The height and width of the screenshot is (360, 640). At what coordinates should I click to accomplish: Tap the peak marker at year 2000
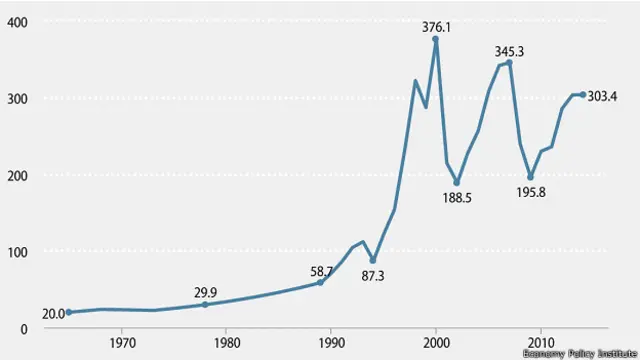click(x=436, y=39)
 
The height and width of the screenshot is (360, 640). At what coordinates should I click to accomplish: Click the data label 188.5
click(x=456, y=198)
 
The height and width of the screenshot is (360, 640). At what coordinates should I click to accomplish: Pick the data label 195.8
click(x=530, y=191)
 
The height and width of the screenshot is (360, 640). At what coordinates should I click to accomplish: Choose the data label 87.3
click(x=373, y=274)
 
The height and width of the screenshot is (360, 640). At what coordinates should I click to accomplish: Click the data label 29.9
click(x=206, y=291)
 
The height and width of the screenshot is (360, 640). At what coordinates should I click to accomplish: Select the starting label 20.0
click(x=53, y=313)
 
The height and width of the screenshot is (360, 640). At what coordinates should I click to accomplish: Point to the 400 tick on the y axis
click(x=17, y=21)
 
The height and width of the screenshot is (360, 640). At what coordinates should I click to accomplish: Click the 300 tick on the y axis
click(x=17, y=98)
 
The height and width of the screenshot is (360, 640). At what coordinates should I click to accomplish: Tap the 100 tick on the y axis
click(x=17, y=251)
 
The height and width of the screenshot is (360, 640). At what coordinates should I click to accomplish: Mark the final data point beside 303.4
click(x=583, y=95)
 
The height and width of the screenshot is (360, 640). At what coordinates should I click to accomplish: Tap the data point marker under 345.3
click(x=509, y=62)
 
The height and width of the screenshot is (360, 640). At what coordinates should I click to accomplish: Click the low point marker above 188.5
click(x=457, y=183)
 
